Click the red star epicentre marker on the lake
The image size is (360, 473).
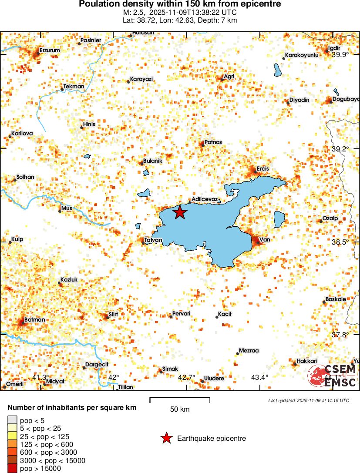180,212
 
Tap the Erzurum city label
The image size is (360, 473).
50,50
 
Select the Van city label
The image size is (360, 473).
264,239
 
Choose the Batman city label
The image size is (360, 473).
34,320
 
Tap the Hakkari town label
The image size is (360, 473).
306,361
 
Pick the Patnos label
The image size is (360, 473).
213,142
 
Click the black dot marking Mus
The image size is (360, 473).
60,211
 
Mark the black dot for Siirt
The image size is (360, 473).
108,317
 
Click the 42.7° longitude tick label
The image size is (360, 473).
186,377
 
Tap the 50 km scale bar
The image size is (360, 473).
180,399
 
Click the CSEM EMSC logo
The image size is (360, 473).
333,376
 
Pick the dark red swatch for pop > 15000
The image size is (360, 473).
12,469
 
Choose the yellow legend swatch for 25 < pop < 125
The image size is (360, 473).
12,436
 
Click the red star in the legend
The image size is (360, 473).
166,439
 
